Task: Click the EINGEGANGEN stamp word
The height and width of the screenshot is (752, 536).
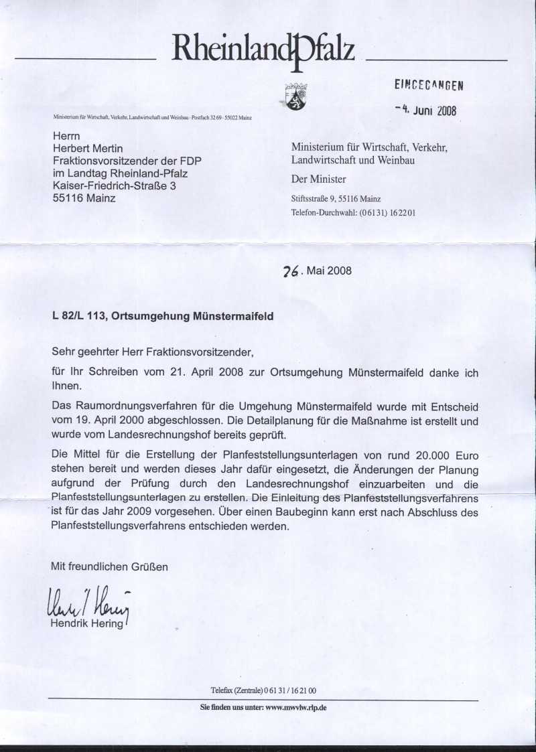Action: coord(429,85)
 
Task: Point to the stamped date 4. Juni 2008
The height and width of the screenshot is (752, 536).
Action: coord(426,110)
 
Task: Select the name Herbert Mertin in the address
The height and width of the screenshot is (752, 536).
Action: coord(88,148)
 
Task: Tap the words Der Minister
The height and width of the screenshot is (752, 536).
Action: coord(318,179)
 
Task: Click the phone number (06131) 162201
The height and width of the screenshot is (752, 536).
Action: coord(388,213)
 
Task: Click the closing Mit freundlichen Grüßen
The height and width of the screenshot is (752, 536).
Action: coord(109,567)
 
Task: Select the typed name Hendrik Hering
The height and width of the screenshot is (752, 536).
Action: coord(88,624)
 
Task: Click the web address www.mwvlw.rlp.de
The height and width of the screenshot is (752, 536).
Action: coord(296,708)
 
